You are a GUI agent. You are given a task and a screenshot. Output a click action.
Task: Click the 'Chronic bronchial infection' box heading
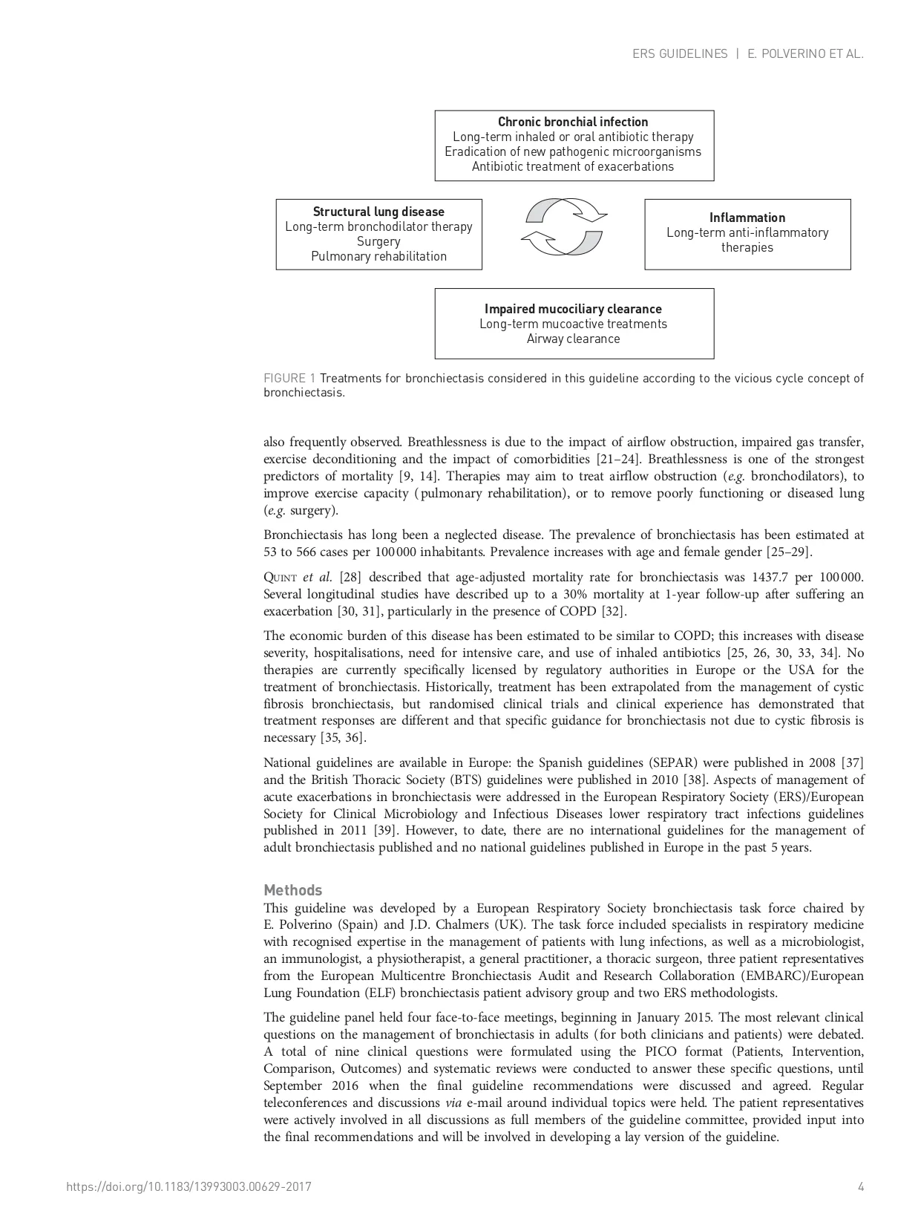pyautogui.click(x=573, y=122)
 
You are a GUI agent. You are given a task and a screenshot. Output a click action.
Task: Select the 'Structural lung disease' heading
pyautogui.click(x=378, y=212)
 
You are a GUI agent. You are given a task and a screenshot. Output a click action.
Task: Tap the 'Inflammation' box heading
pyautogui.click(x=747, y=218)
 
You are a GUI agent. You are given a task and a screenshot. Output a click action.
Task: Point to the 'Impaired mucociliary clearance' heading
pyautogui.click(x=573, y=309)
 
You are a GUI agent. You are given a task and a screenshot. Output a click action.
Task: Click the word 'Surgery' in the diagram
pyautogui.click(x=378, y=241)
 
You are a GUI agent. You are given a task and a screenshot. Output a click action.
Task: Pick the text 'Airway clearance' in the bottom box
pyautogui.click(x=573, y=339)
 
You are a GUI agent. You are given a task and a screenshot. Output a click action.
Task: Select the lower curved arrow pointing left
pyautogui.click(x=563, y=241)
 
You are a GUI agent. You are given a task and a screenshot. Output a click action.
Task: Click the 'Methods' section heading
pyautogui.click(x=293, y=890)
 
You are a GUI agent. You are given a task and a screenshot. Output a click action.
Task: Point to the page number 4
pyautogui.click(x=861, y=1186)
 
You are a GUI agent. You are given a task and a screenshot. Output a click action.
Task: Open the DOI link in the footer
pyautogui.click(x=189, y=1186)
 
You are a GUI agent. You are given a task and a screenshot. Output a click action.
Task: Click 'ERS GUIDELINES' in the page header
pyautogui.click(x=680, y=54)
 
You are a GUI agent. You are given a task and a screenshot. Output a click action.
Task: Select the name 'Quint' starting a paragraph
pyautogui.click(x=281, y=578)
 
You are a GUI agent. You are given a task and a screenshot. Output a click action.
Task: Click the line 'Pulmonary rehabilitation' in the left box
pyautogui.click(x=378, y=256)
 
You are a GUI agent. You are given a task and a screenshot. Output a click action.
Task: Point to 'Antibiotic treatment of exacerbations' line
pyautogui.click(x=573, y=166)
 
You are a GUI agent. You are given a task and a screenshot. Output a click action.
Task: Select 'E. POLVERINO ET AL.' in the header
pyautogui.click(x=805, y=54)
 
